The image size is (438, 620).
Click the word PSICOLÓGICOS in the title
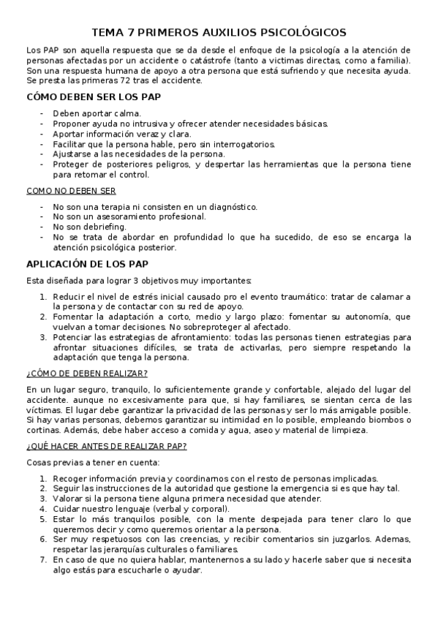coord(300,33)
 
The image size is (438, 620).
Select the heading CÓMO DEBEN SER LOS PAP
coord(94,97)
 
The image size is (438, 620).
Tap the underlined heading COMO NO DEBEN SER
coord(71,191)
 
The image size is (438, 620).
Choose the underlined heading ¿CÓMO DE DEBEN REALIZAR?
coord(86,374)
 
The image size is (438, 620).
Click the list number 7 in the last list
coord(43,559)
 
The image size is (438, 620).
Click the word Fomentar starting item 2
coord(75,317)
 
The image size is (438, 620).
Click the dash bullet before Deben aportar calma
coord(42,113)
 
